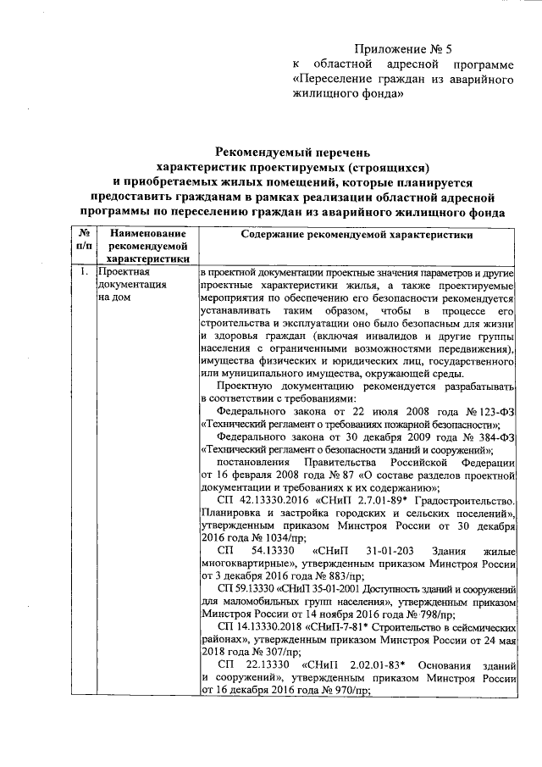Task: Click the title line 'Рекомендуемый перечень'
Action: [292, 152]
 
